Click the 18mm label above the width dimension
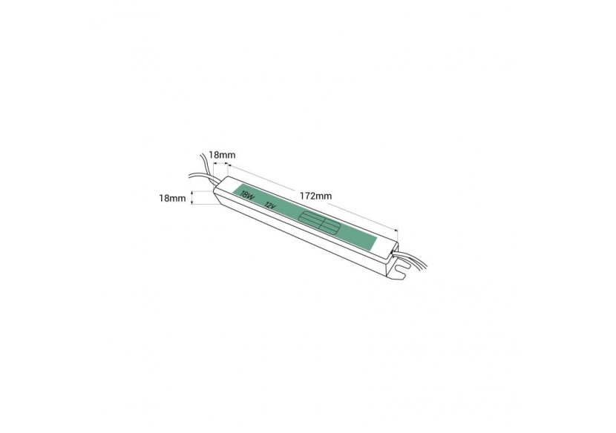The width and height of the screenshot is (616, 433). tap(222, 154)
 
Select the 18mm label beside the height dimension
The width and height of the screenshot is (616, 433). tap(173, 198)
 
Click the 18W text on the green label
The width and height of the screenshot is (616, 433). tap(246, 197)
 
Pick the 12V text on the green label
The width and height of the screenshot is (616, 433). tap(270, 207)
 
